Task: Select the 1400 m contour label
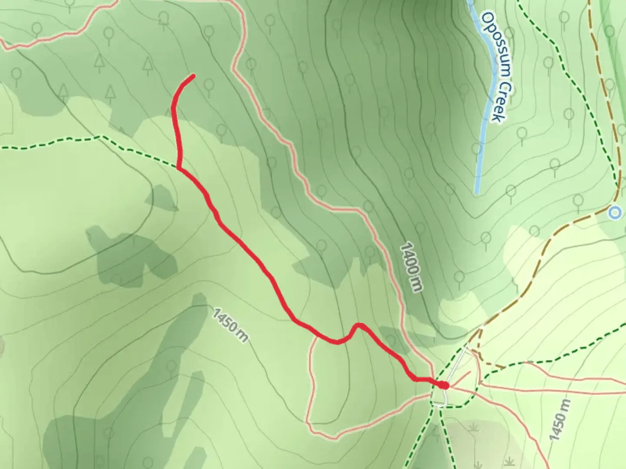coord(411,267)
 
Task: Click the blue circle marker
coord(614,213)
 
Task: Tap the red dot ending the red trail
coord(443,385)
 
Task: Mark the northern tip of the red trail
coord(193,76)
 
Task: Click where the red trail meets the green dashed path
coord(179,167)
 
